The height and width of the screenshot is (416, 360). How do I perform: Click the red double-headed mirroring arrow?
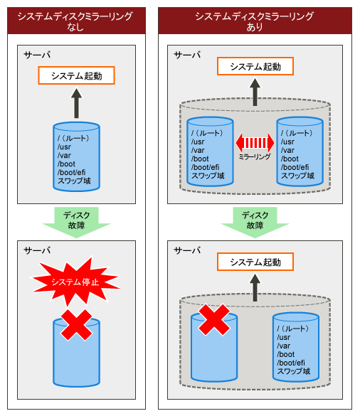pyautogui.click(x=255, y=143)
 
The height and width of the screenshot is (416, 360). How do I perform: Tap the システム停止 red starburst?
pyautogui.click(x=75, y=282)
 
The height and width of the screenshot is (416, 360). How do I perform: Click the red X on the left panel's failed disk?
pyautogui.click(x=76, y=325)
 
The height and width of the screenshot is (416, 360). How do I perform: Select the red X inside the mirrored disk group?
pyautogui.click(x=214, y=319)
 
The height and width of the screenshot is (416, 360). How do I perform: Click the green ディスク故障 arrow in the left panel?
pyautogui.click(x=76, y=223)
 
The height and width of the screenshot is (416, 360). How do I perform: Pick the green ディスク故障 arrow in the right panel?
pyautogui.click(x=255, y=223)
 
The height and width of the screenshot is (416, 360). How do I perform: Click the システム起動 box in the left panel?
pyautogui.click(x=76, y=75)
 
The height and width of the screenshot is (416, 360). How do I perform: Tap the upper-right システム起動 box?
pyautogui.click(x=255, y=66)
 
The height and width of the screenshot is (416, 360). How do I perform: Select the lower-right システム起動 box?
pyautogui.click(x=255, y=262)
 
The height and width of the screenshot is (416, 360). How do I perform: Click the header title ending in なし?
pyautogui.click(x=75, y=21)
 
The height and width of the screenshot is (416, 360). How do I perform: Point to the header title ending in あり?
pyautogui.click(x=255, y=21)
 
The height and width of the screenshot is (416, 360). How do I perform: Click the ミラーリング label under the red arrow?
pyautogui.click(x=255, y=156)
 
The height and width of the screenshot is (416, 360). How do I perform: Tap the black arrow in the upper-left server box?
pyautogui.click(x=76, y=103)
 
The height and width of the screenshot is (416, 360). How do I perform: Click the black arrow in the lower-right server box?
pyautogui.click(x=255, y=287)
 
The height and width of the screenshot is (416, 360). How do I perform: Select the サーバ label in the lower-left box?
pyautogui.click(x=37, y=250)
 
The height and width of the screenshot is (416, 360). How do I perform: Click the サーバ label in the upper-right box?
pyautogui.click(x=187, y=55)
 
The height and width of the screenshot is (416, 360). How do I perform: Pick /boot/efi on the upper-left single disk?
pyautogui.click(x=71, y=173)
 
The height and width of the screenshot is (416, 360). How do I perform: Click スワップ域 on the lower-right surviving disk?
pyautogui.click(x=294, y=371)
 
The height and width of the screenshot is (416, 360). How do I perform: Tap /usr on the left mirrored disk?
pyautogui.click(x=198, y=142)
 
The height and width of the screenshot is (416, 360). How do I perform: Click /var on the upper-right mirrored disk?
pyautogui.click(x=287, y=151)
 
